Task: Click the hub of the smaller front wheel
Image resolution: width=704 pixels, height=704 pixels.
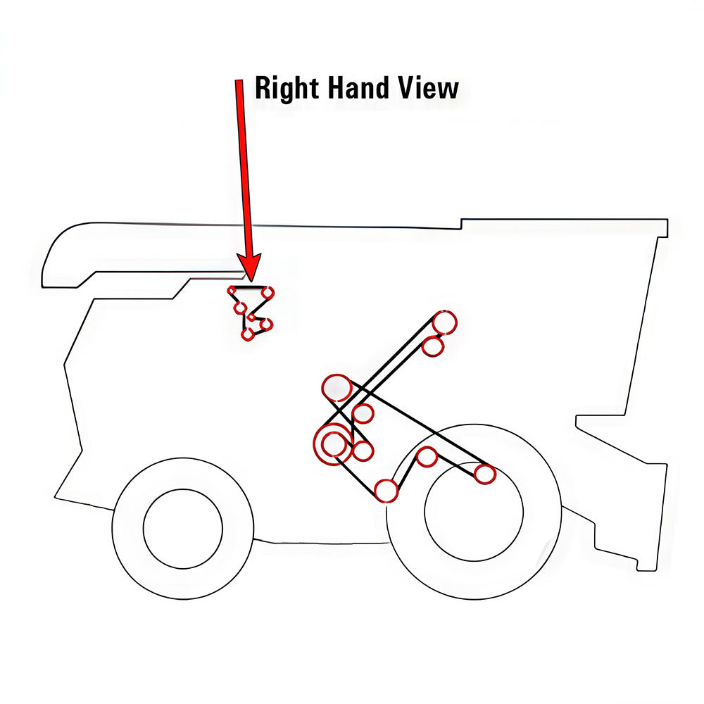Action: point(183,527)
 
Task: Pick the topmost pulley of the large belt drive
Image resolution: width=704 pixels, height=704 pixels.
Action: point(444,322)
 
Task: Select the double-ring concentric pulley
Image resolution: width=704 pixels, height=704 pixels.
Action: point(334,444)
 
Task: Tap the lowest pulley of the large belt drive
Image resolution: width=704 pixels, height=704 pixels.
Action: point(386,491)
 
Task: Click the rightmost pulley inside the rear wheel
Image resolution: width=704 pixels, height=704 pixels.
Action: point(484,474)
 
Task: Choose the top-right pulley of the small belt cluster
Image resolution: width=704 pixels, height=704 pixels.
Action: point(268,291)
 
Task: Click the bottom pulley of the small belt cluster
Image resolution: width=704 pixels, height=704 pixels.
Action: point(247,334)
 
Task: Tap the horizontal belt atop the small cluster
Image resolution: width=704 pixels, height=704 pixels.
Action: point(251,287)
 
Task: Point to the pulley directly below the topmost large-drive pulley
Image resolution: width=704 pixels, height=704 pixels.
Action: point(433,346)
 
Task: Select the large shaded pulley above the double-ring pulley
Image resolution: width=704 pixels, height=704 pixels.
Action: point(337,387)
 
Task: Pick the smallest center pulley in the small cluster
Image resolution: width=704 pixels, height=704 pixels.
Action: point(252,318)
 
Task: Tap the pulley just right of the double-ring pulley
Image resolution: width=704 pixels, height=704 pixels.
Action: point(362,450)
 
